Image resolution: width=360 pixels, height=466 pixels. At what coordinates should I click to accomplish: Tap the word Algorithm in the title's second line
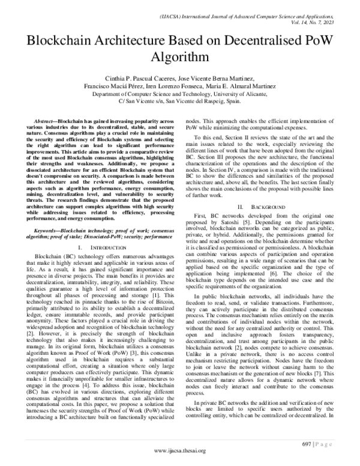(179, 59)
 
